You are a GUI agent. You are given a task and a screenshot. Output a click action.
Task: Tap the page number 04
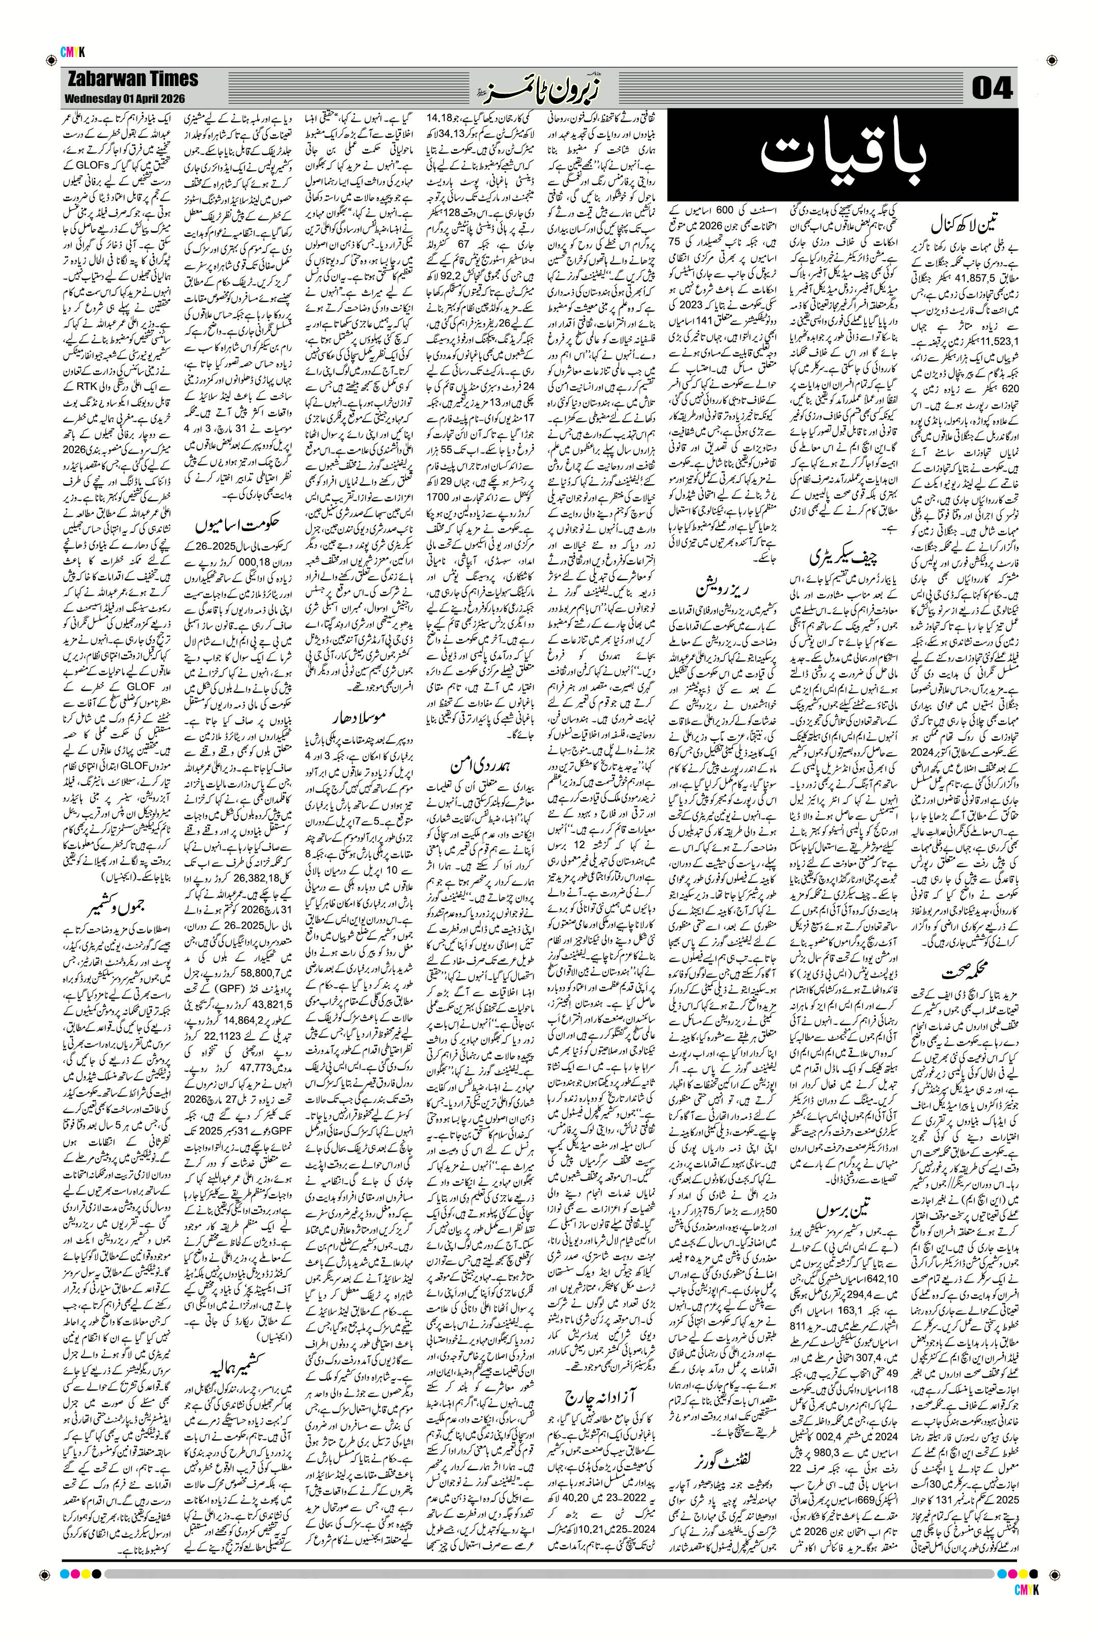pyautogui.click(x=993, y=89)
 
